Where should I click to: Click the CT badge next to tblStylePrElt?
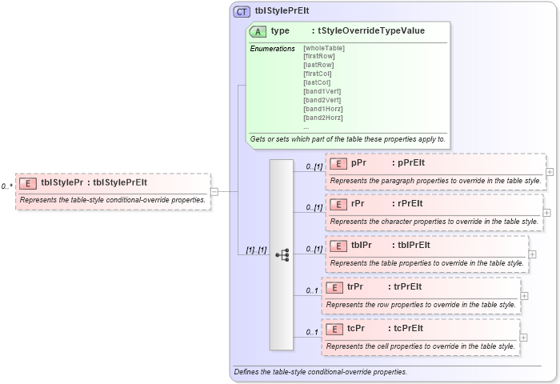coord(242,11)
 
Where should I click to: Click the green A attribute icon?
coord(258,31)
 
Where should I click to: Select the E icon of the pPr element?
coord(338,163)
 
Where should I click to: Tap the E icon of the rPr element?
coord(338,204)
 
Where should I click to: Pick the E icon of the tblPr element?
coord(338,246)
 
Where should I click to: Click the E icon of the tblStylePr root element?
coord(28,183)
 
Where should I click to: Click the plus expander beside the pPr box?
coord(550,171)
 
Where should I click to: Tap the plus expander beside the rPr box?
coord(546,213)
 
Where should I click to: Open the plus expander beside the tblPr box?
coord(532,254)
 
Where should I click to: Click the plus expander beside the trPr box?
coord(524,295)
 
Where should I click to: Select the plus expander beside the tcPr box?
coord(524,337)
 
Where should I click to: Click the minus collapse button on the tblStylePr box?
coord(214,191)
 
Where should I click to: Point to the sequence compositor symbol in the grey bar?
coord(282,254)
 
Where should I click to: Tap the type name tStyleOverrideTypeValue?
coord(371,31)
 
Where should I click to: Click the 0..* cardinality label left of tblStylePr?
coord(7,186)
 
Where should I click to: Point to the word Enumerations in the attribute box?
coord(272,49)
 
